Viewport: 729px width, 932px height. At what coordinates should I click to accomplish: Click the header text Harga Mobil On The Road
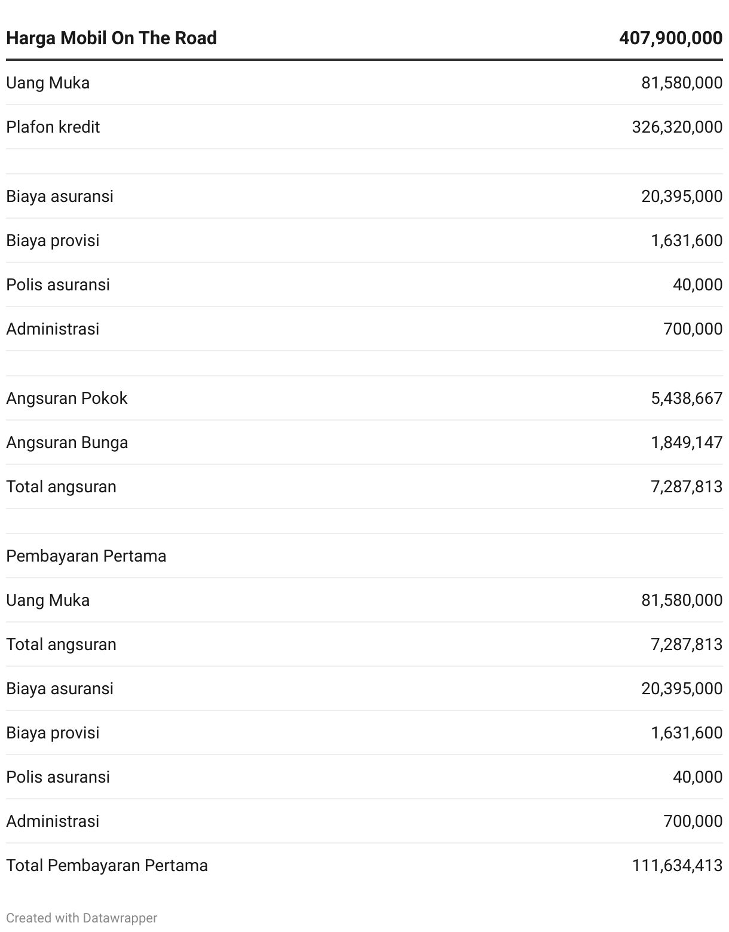111,38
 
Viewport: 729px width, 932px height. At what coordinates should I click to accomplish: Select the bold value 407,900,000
670,38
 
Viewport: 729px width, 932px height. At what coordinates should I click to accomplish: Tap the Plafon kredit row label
53,127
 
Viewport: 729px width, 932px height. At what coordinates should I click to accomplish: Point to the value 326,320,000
677,127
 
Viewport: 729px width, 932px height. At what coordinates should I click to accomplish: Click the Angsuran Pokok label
66,398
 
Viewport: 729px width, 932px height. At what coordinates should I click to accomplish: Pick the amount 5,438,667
687,398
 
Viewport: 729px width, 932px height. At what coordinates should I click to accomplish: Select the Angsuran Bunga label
67,442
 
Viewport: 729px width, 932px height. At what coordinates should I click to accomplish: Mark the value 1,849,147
687,442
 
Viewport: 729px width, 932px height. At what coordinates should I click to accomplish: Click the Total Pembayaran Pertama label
107,865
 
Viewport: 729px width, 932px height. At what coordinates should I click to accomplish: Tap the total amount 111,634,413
677,865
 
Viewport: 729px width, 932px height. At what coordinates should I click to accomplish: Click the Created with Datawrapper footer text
81,918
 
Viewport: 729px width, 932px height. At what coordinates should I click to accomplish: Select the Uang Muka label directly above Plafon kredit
48,82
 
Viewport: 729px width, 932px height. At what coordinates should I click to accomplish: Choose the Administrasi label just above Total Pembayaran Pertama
53,821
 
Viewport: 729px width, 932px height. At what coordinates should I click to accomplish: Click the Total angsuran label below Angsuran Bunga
61,486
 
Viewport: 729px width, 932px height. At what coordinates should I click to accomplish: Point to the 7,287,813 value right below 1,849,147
687,486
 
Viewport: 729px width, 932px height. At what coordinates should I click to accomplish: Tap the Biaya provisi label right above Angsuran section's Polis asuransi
53,240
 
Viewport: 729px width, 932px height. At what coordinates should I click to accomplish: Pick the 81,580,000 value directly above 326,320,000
682,82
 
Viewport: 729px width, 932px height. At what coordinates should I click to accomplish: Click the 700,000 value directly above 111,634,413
693,821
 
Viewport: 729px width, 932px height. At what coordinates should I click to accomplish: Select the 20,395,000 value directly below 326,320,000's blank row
682,196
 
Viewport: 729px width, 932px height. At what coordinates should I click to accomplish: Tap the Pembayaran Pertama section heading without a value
86,556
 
